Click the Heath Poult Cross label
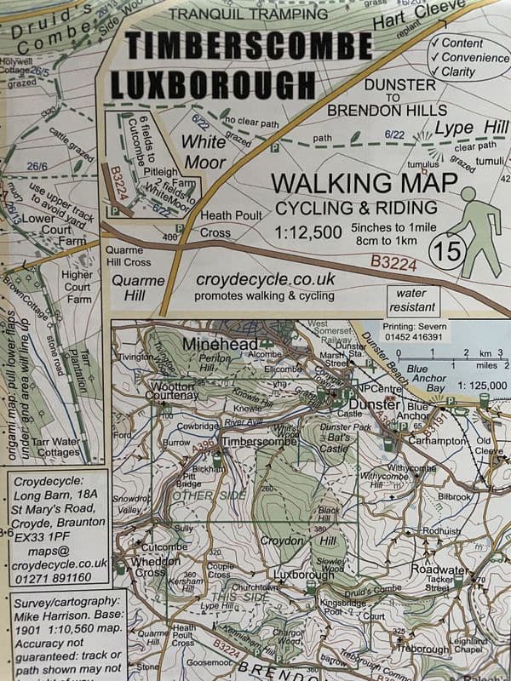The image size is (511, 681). click(x=227, y=224)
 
